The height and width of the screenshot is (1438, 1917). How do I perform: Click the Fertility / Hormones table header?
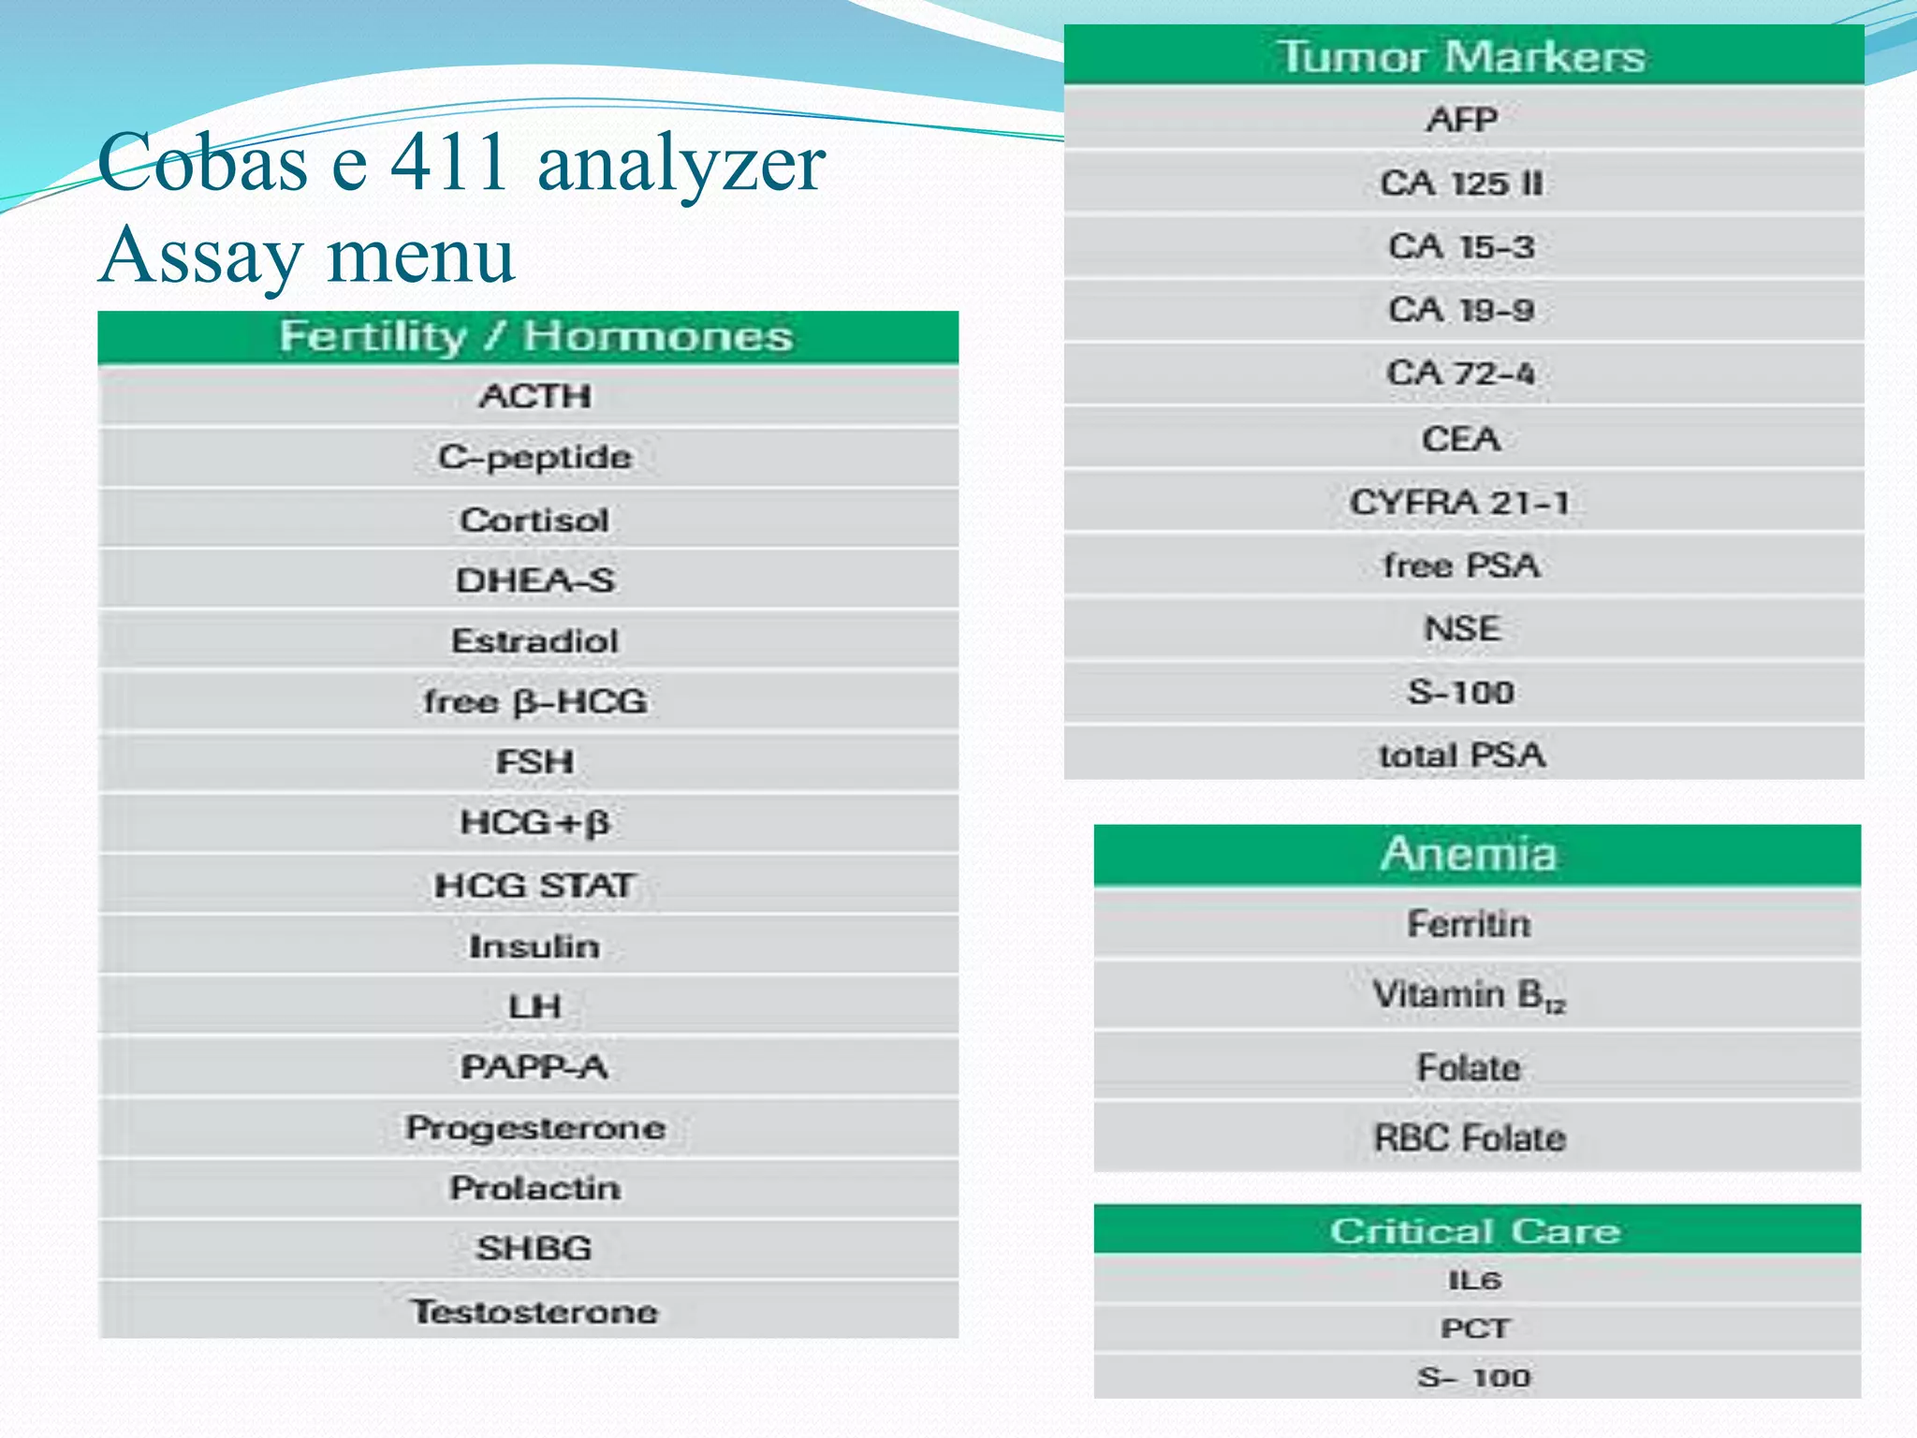pyautogui.click(x=535, y=337)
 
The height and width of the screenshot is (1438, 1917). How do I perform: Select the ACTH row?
pyautogui.click(x=535, y=396)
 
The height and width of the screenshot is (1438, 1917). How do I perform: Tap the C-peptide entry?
pyautogui.click(x=535, y=457)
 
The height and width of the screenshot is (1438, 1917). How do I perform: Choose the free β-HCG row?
pyautogui.click(x=535, y=701)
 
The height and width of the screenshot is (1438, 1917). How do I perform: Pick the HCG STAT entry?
pyautogui.click(x=535, y=885)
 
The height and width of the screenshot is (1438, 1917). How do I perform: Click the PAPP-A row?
pyautogui.click(x=535, y=1067)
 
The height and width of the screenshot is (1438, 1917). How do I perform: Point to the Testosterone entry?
pyautogui.click(x=535, y=1312)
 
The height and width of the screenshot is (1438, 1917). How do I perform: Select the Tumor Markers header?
pyautogui.click(x=1462, y=56)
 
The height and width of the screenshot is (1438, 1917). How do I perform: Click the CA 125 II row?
pyautogui.click(x=1462, y=183)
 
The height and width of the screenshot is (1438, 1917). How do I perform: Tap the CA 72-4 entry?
pyautogui.click(x=1462, y=374)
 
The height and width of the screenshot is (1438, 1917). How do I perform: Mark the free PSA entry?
pyautogui.click(x=1462, y=565)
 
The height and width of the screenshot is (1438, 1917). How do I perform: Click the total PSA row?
pyautogui.click(x=1462, y=756)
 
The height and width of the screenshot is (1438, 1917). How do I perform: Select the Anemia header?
pyautogui.click(x=1470, y=854)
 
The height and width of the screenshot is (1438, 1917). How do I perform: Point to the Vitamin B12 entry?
pyautogui.click(x=1470, y=995)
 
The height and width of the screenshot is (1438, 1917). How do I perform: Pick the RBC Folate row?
pyautogui.click(x=1470, y=1138)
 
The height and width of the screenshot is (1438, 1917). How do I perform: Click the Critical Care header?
pyautogui.click(x=1475, y=1230)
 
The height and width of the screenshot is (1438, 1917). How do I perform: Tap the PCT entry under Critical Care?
pyautogui.click(x=1475, y=1328)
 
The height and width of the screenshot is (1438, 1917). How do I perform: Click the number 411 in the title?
pyautogui.click(x=450, y=161)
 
